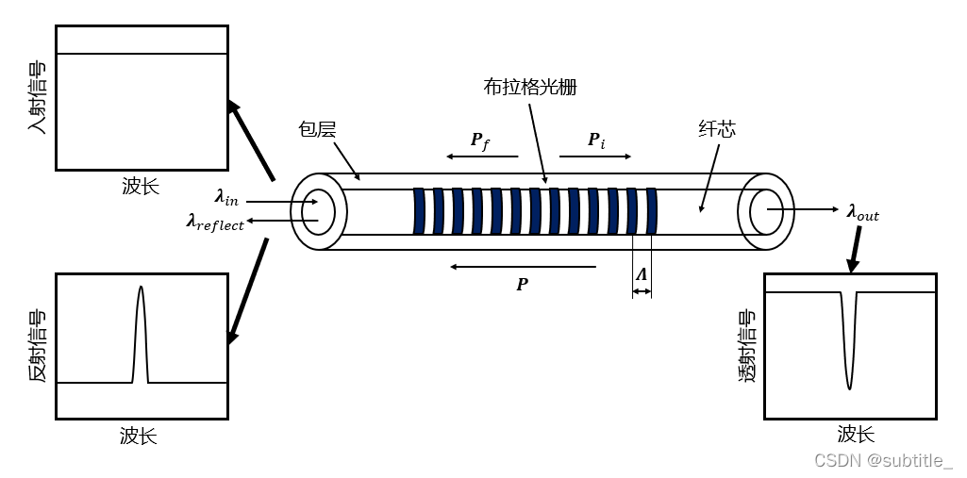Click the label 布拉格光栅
coord(530,88)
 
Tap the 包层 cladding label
coord(316,131)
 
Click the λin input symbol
coord(226,198)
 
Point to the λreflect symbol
coord(215,223)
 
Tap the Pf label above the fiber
coord(480,140)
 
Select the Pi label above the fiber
coord(596,140)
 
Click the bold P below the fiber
coord(523,284)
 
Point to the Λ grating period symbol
coord(642,274)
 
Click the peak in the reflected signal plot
coord(141,287)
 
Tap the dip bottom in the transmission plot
coord(849,388)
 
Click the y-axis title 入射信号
coord(38,98)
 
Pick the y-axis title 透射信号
coord(747,346)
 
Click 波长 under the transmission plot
coord(856,434)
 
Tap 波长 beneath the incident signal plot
coord(142,186)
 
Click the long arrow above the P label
coord(523,267)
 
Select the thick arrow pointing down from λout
coord(855,250)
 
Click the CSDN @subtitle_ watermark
coord(883,459)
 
